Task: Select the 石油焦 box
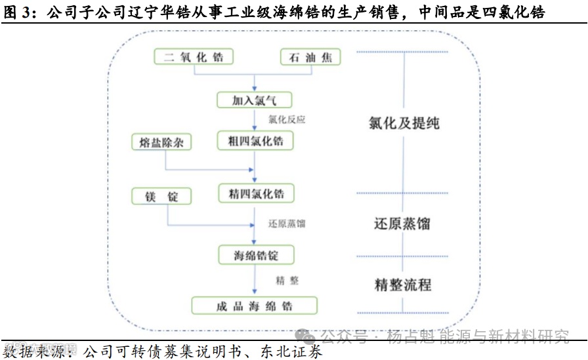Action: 310,57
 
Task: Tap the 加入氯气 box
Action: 255,100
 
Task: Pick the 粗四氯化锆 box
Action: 255,140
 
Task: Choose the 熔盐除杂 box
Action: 161,142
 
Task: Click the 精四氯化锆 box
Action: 255,193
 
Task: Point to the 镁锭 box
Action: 161,195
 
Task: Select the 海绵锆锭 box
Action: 255,256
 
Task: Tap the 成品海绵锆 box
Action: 255,306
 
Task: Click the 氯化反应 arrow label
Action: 287,120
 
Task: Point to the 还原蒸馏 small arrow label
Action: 287,224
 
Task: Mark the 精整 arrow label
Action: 287,281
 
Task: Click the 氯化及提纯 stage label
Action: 404,123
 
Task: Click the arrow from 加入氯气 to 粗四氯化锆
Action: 255,119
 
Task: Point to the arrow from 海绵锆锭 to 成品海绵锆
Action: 255,281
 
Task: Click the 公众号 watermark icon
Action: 306,336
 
